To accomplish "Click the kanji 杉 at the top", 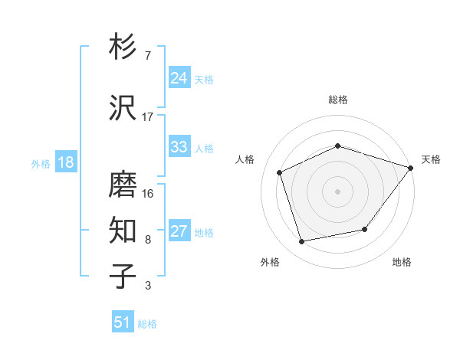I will tap(123, 47).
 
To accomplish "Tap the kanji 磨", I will tap(123, 185).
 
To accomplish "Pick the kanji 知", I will tap(123, 231).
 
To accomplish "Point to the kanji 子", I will tap(123, 277).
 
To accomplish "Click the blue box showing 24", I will tap(179, 78).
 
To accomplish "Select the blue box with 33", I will tap(179, 147).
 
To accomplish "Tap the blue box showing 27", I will tap(179, 231).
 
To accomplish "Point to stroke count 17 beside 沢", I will tap(148, 117).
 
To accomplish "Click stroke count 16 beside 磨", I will tap(148, 194).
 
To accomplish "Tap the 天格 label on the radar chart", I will tap(431, 159).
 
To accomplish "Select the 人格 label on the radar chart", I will tap(245, 159).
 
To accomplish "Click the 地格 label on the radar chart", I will tap(402, 262).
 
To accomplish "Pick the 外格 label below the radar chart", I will tap(270, 262).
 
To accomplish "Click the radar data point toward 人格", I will tap(280, 172).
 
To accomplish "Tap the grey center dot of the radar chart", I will tap(337, 191).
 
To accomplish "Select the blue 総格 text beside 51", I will tap(147, 323).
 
